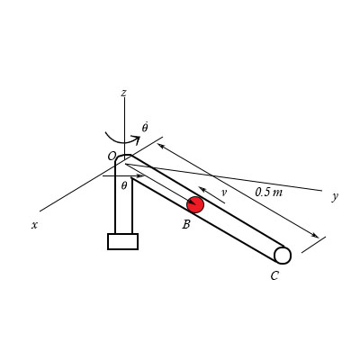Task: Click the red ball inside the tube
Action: [195, 204]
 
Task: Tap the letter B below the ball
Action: [186, 224]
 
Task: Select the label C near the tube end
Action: [274, 275]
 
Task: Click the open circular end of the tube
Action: [283, 256]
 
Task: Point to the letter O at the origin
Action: [112, 156]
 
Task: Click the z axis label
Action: [123, 93]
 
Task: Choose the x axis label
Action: [34, 225]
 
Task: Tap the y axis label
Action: [335, 196]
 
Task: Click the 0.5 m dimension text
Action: [269, 192]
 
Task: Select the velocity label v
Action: [223, 193]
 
